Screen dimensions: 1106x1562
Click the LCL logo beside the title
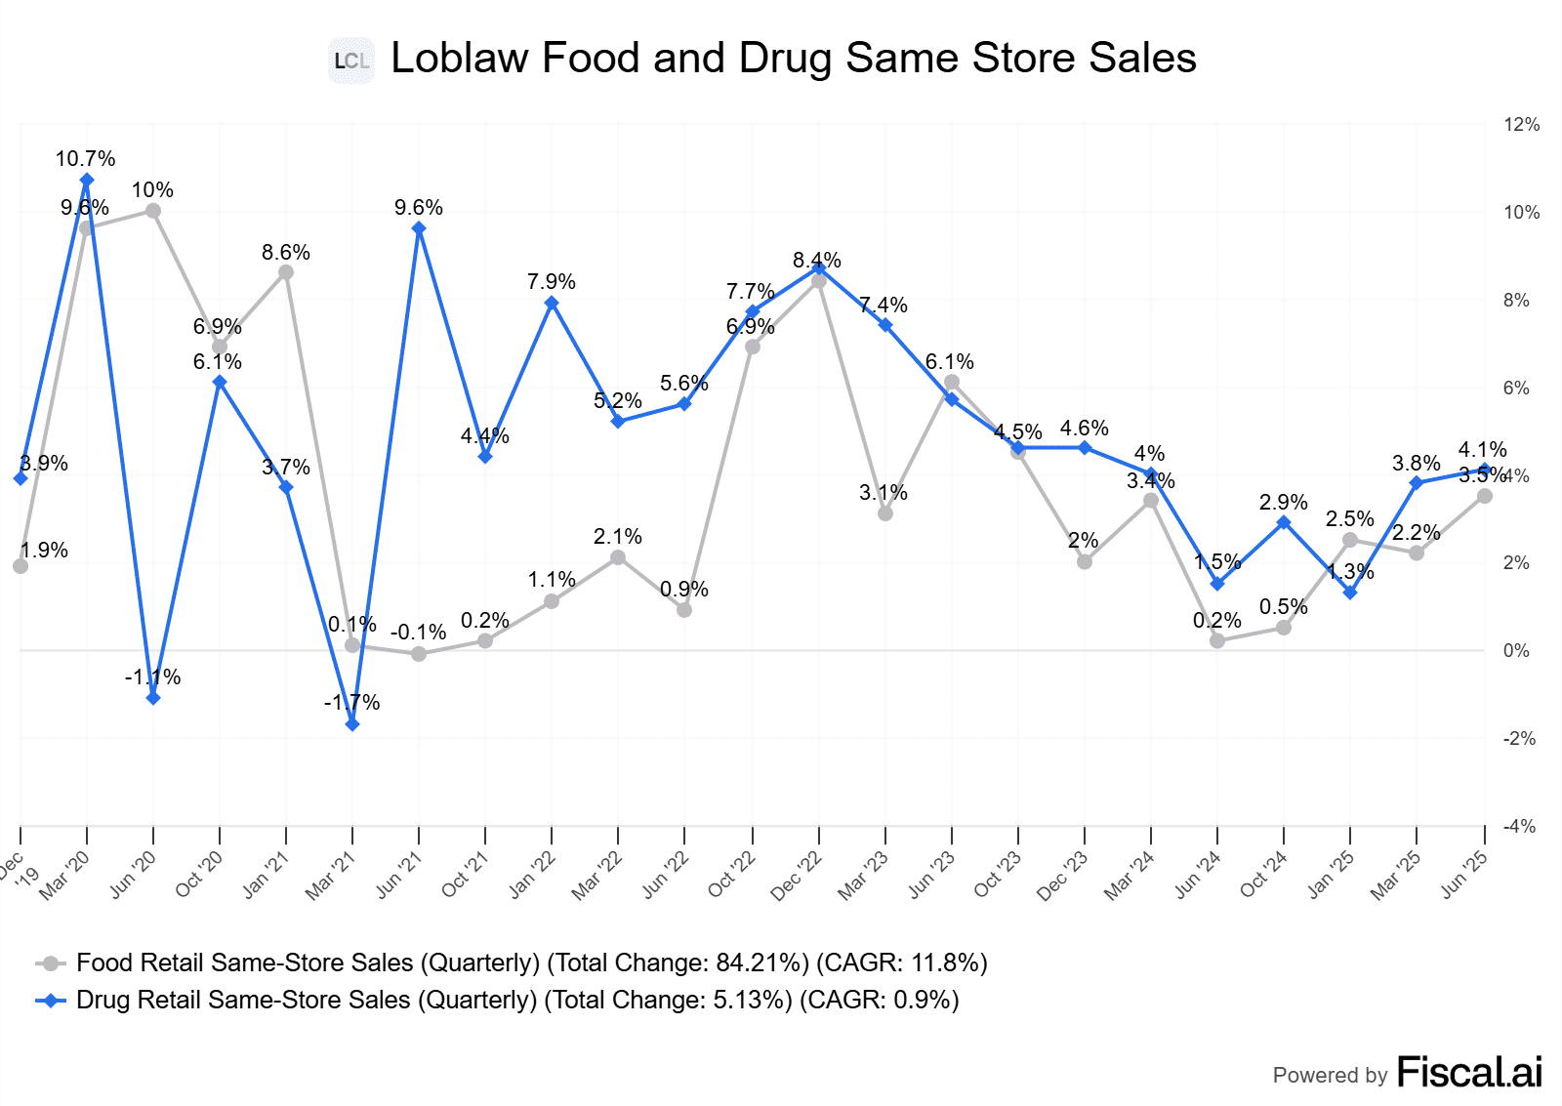click(x=351, y=61)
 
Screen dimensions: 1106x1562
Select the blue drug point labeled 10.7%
click(x=87, y=181)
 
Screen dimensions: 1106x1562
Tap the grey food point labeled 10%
click(x=153, y=211)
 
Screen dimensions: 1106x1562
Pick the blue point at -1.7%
click(x=352, y=724)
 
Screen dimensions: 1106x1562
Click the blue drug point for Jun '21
click(x=419, y=228)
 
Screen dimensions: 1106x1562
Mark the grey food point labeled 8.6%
click(x=286, y=272)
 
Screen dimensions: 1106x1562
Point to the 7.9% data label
click(x=552, y=282)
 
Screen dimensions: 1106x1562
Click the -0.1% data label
click(x=418, y=633)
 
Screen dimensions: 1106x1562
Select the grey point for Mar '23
click(x=885, y=513)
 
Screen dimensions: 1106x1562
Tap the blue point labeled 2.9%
click(x=1284, y=523)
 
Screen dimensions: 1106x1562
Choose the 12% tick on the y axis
click(x=1521, y=125)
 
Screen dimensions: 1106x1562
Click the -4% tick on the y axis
click(x=1519, y=827)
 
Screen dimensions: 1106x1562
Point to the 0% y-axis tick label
click(x=1516, y=651)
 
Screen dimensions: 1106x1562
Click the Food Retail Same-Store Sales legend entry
click(x=531, y=963)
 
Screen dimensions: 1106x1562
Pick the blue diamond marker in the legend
click(x=50, y=1001)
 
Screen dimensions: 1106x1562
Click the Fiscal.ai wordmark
click(x=1469, y=1072)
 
